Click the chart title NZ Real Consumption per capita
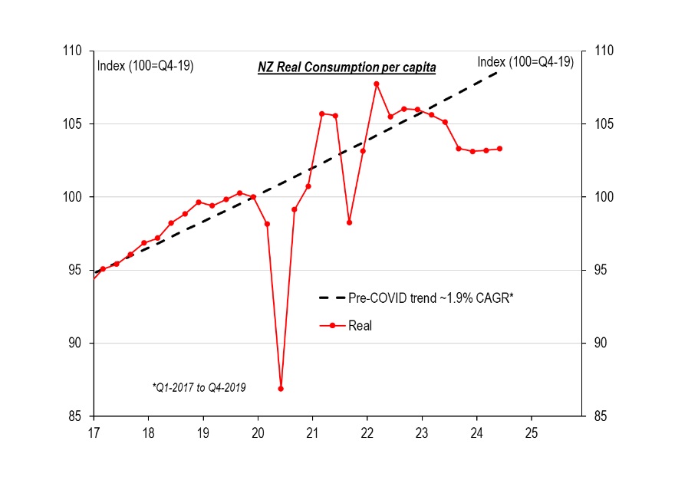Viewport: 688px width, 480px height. pos(346,67)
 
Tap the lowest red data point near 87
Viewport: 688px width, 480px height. pos(281,389)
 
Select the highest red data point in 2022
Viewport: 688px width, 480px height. pos(377,84)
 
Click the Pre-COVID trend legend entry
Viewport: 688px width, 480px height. pos(415,296)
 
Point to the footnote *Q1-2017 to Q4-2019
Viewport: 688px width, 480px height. pos(199,388)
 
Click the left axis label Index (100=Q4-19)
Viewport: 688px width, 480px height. pos(145,65)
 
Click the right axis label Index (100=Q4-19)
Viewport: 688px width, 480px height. pos(525,62)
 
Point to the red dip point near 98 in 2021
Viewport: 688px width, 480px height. pos(349,222)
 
